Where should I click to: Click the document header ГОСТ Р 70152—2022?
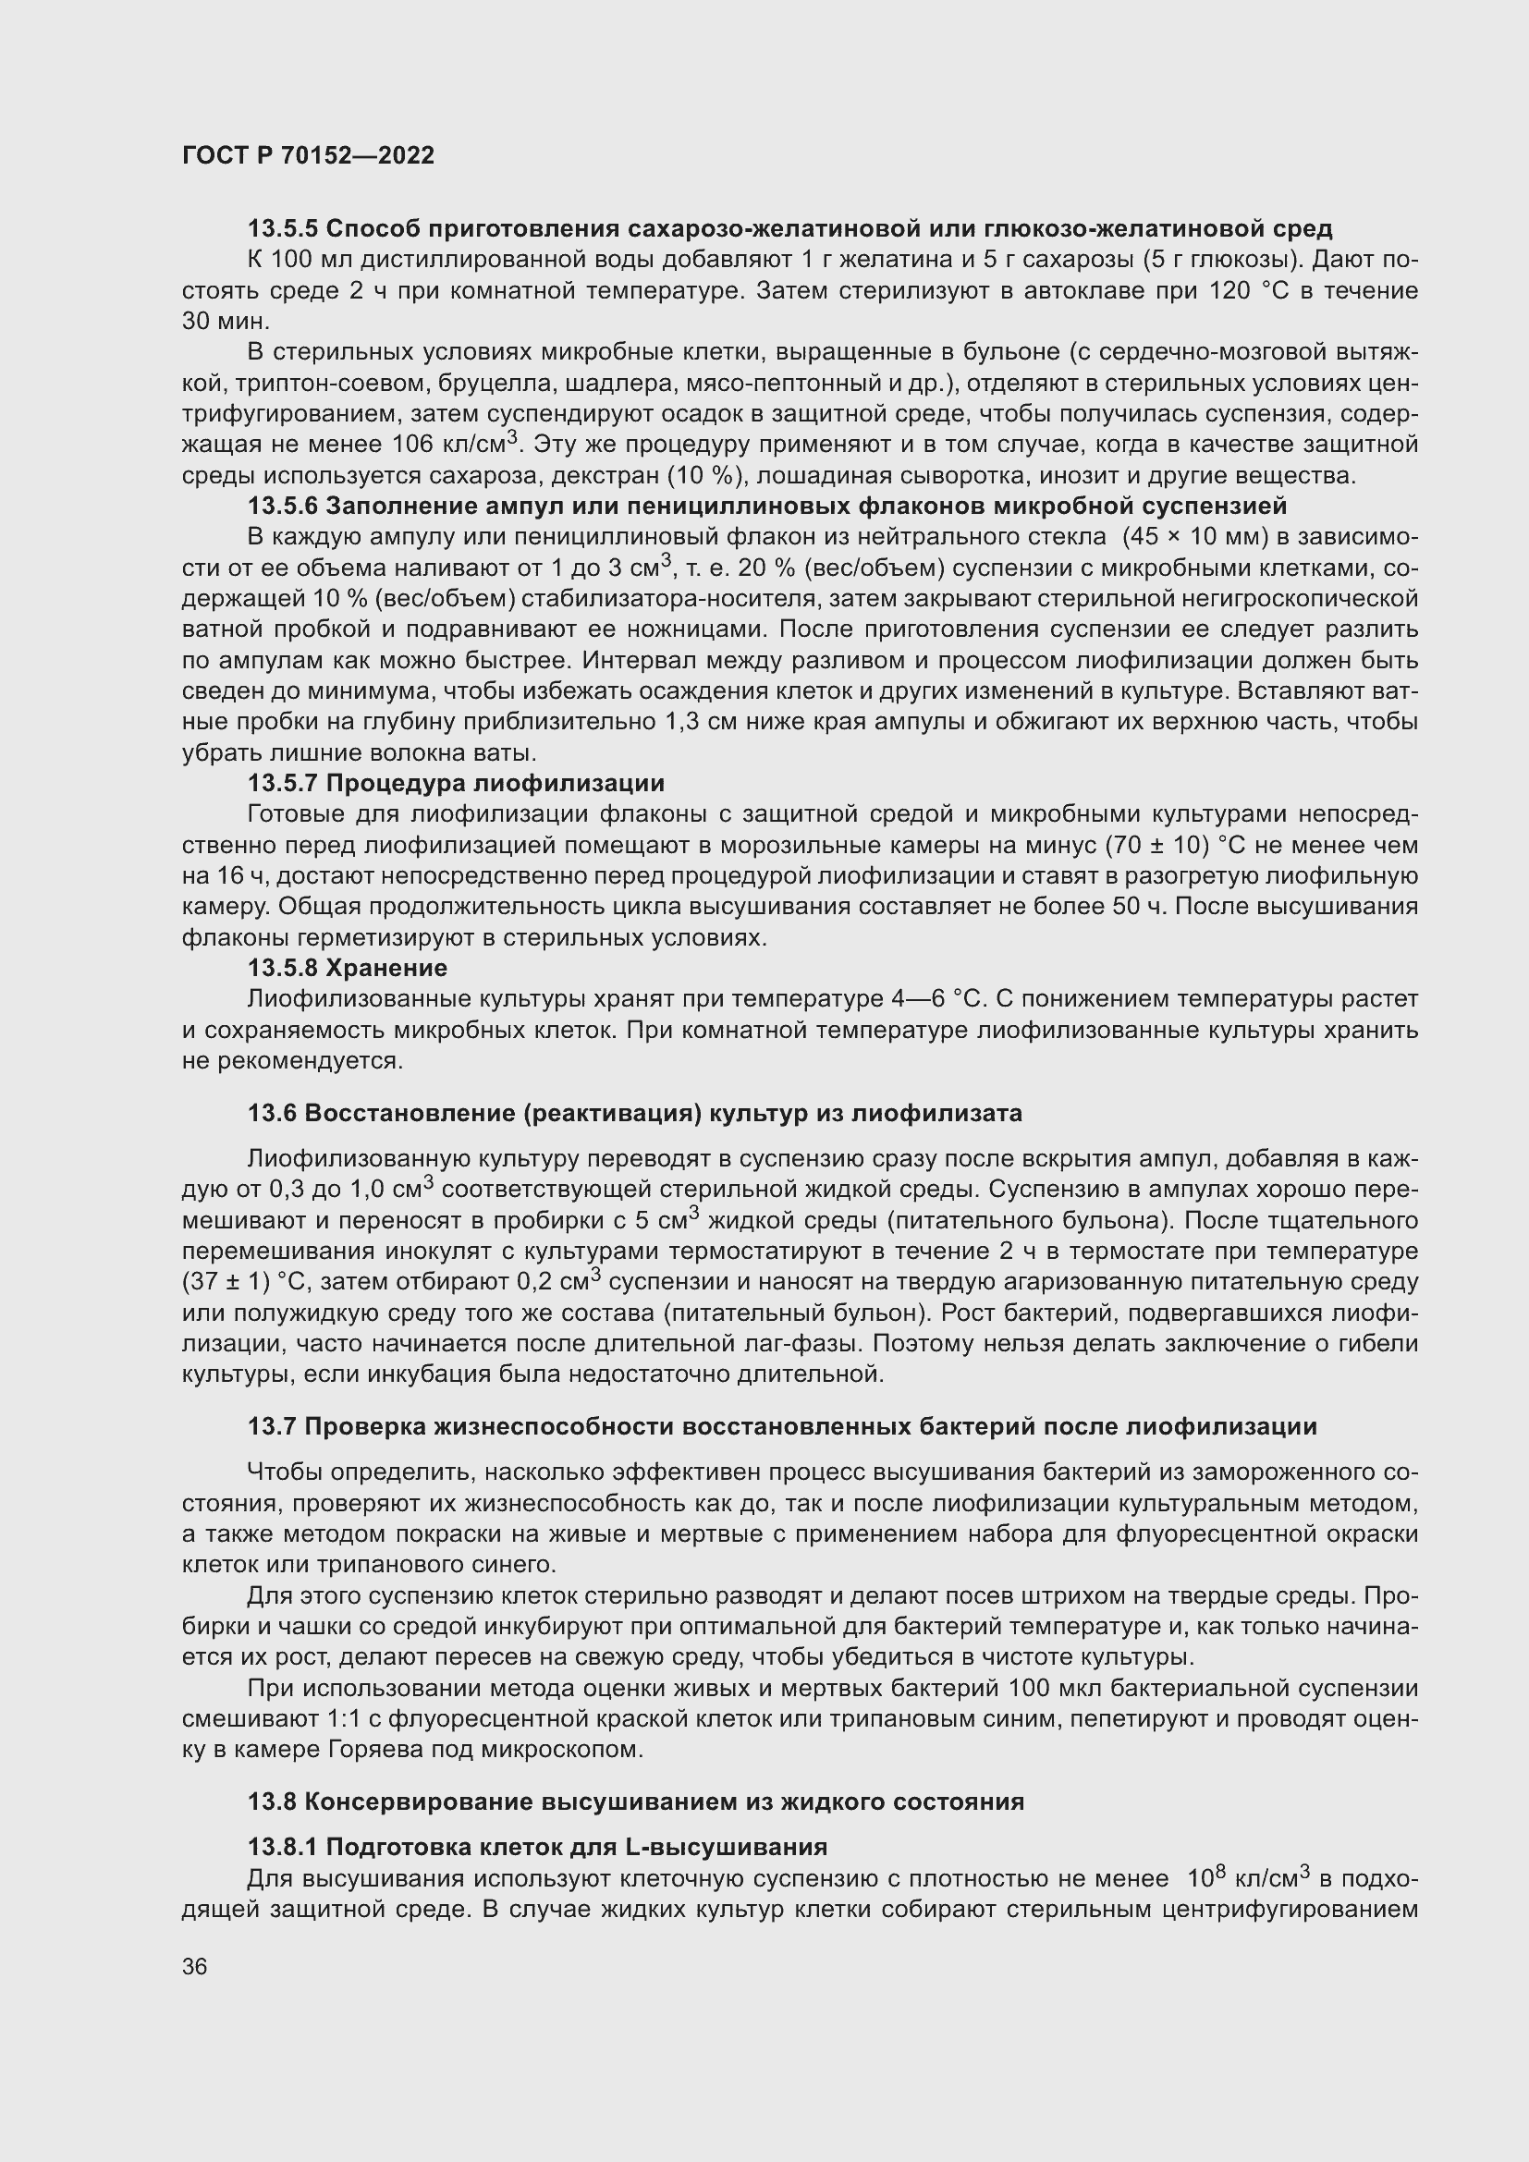tap(309, 156)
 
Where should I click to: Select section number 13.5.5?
tap(284, 229)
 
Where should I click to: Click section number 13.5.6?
tap(284, 507)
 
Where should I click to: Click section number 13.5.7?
tap(284, 784)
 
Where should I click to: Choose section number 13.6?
tap(272, 1114)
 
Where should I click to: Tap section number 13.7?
tap(272, 1427)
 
